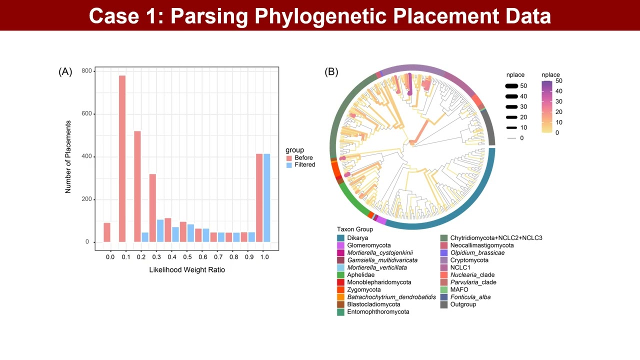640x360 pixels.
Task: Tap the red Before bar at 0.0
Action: (x=107, y=232)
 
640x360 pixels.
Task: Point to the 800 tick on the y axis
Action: (x=86, y=71)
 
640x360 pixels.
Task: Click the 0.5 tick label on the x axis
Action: (x=187, y=257)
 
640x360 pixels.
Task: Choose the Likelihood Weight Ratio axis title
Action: (x=187, y=270)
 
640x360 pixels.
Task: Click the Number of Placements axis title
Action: (x=68, y=156)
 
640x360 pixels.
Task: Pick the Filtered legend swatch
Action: (x=289, y=165)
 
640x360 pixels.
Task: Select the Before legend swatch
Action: (x=289, y=158)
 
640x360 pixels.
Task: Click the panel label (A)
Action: (x=65, y=71)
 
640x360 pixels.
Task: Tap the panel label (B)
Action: (x=331, y=71)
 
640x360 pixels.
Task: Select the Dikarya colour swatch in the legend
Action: (x=340, y=238)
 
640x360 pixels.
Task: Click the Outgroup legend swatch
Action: (x=443, y=304)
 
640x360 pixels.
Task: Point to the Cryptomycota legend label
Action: (x=469, y=260)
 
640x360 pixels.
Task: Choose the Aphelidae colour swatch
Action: (x=340, y=275)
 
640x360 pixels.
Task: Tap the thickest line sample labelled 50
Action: (x=511, y=86)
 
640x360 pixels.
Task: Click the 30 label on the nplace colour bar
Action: (x=559, y=101)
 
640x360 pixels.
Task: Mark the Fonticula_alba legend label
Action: (x=470, y=297)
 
